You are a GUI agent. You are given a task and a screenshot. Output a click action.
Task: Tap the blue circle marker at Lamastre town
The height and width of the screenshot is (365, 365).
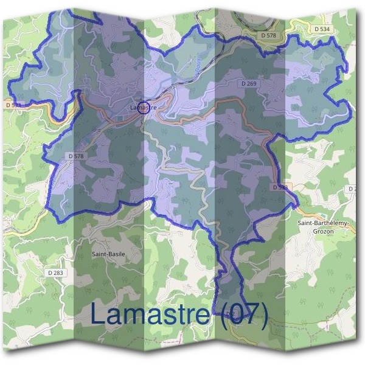click(x=144, y=108)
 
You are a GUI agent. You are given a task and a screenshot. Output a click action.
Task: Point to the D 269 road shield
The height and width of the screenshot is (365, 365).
click(x=248, y=83)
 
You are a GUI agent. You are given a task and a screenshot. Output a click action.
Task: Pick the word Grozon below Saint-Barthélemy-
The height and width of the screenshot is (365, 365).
click(x=324, y=231)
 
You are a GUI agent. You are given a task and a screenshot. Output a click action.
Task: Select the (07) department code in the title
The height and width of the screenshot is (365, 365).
click(x=243, y=315)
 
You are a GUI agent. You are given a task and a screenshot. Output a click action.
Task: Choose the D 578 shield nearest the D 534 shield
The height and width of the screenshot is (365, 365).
click(x=268, y=36)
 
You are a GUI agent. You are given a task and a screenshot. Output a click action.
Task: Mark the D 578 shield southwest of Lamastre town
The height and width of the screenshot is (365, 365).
click(x=76, y=156)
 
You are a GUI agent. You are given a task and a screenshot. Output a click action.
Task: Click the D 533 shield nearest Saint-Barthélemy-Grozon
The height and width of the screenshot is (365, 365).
click(x=279, y=187)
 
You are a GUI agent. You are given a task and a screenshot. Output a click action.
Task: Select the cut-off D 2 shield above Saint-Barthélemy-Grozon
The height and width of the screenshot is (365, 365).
click(x=352, y=189)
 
